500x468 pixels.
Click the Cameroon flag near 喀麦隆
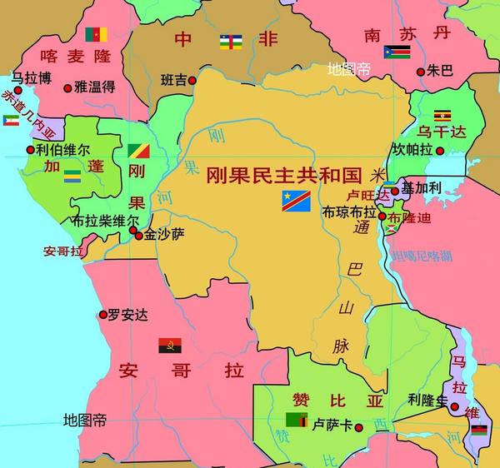point(96,34)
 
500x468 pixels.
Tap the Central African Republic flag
point(231,41)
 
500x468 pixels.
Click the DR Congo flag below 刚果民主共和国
point(296,200)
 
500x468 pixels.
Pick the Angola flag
point(170,345)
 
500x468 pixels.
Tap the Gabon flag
point(74,176)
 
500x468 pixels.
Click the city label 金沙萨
point(164,235)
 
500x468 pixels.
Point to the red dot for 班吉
point(192,81)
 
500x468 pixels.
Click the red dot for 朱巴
point(420,72)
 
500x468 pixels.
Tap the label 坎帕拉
point(412,150)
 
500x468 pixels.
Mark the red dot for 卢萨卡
point(358,427)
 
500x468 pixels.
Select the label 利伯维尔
point(63,152)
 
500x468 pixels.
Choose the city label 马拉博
point(32,78)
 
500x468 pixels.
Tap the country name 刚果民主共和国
point(282,175)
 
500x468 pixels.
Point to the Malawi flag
point(478,430)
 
